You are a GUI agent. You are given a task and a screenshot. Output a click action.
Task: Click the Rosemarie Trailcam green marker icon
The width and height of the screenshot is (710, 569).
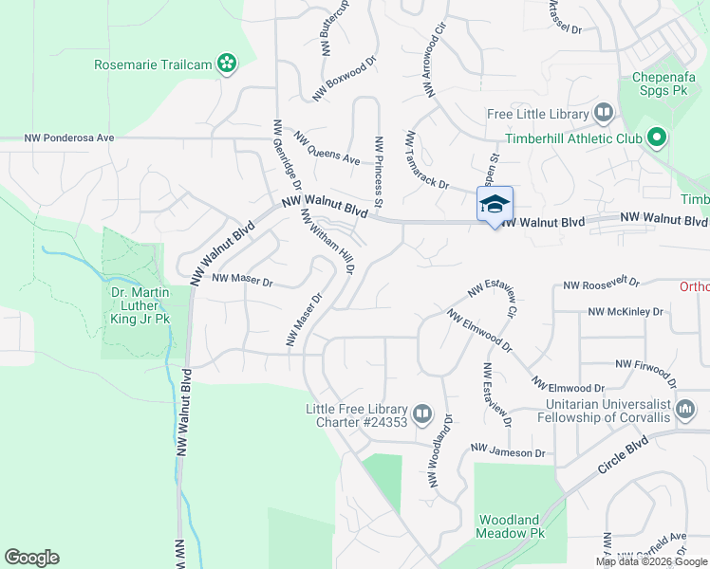tap(226, 64)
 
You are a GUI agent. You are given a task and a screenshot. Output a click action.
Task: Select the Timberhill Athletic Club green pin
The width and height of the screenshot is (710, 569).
tap(656, 138)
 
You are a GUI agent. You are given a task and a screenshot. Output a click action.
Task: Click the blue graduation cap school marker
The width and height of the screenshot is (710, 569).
tap(494, 205)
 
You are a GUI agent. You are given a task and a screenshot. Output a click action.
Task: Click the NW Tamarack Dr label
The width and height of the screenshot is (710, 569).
tap(426, 160)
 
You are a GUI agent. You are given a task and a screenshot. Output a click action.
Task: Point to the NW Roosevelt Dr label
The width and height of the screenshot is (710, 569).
tap(601, 284)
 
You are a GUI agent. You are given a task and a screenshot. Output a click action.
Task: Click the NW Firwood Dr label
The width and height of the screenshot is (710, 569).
tap(649, 364)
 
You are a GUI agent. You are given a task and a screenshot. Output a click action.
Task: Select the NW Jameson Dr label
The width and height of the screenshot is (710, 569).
tap(508, 453)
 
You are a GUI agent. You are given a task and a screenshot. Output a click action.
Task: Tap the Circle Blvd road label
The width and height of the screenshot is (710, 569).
tap(623, 456)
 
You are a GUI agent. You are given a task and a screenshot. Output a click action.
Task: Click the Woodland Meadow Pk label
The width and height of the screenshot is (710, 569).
tap(511, 526)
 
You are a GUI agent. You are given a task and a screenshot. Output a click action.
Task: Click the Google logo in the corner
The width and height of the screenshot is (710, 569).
tap(31, 558)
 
